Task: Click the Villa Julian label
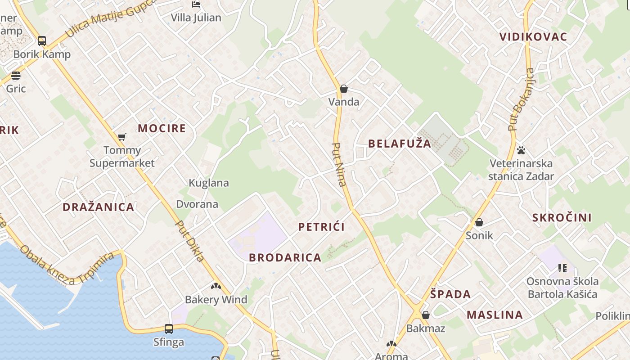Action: (x=196, y=18)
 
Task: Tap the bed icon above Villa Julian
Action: (x=196, y=4)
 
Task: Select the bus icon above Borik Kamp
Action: (x=42, y=41)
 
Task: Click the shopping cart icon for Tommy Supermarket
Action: (x=122, y=137)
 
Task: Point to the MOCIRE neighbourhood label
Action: (x=162, y=128)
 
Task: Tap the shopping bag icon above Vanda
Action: (x=344, y=89)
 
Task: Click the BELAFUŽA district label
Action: (x=400, y=144)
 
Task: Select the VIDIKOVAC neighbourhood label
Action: (x=533, y=37)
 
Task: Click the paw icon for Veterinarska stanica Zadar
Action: (x=521, y=150)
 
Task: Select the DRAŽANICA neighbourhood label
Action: (x=98, y=207)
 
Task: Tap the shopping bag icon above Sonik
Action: (x=479, y=222)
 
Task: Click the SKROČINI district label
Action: (x=562, y=217)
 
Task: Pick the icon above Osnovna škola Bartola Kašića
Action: (x=562, y=268)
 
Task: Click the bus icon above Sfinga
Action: (x=169, y=329)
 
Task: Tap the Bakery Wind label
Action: (x=216, y=300)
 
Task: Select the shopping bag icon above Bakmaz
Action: (x=426, y=315)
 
